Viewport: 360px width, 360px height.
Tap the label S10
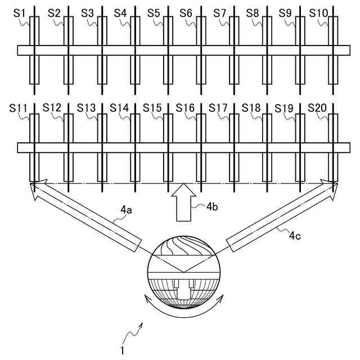319,12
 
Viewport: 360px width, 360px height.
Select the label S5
153,12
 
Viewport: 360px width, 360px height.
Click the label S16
185,107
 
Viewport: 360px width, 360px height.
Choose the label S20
318,107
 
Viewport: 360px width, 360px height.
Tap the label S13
87,107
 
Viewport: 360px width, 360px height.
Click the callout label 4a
127,210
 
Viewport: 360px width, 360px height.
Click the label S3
87,12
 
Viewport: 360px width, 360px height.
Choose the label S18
251,107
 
